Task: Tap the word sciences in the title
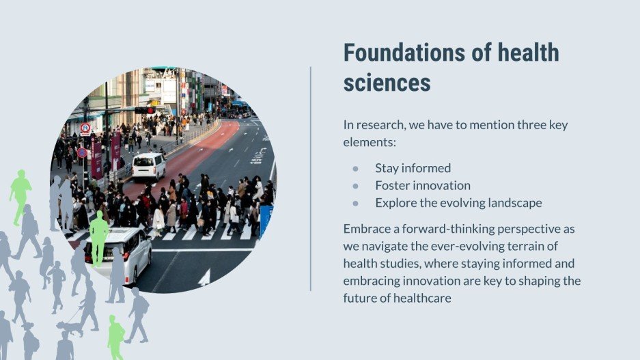click(x=387, y=83)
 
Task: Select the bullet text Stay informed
click(x=413, y=168)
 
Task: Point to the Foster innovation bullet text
click(x=422, y=185)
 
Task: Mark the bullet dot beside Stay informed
click(x=355, y=169)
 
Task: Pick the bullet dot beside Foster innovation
click(x=355, y=186)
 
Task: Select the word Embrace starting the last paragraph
click(x=367, y=227)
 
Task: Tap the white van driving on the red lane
click(x=148, y=166)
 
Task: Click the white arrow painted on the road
click(x=204, y=277)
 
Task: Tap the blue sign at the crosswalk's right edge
click(x=265, y=219)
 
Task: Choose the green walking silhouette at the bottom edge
click(x=115, y=337)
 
